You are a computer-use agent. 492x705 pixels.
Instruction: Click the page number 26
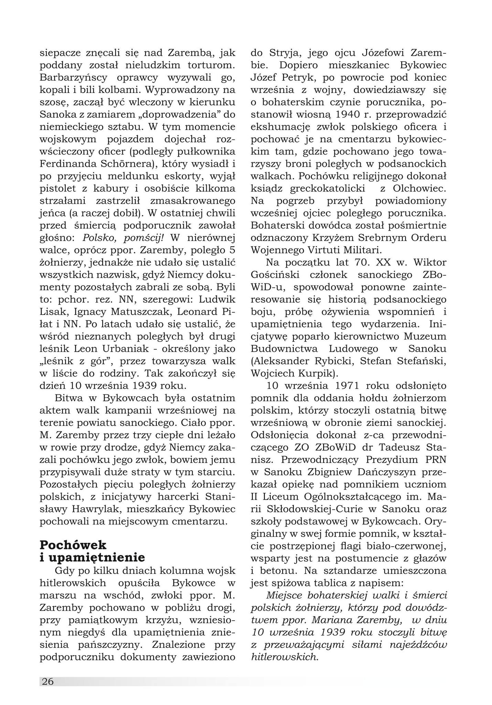pos(47,681)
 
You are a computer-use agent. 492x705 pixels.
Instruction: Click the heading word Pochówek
pos(73,545)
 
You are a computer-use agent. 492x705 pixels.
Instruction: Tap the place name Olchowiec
pos(419,189)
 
